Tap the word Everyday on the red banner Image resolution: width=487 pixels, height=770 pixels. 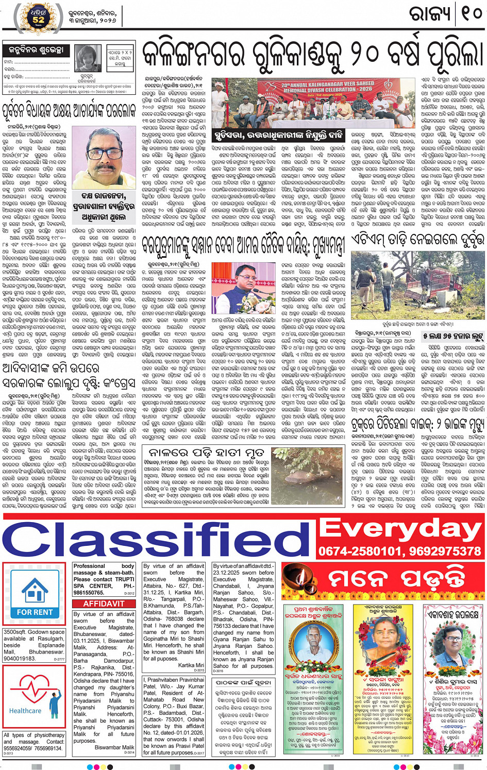coord(401,529)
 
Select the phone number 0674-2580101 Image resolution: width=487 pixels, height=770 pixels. coord(358,551)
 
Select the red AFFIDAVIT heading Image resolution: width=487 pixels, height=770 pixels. coord(104,604)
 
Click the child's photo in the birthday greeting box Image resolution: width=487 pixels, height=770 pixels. coord(88,59)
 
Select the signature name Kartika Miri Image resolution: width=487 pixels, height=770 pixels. coord(190,665)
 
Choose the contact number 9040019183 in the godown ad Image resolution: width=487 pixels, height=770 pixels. coord(20,658)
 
